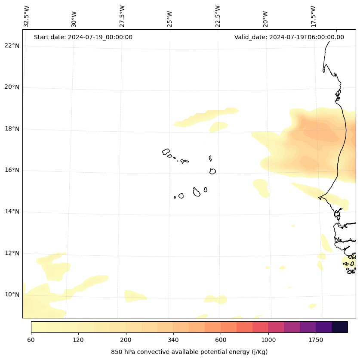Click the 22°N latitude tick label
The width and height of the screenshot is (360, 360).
pos(12,46)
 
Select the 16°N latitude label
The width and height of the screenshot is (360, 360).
pos(12,170)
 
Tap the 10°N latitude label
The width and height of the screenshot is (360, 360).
pos(12,295)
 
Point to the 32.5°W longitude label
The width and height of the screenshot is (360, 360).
pos(27,16)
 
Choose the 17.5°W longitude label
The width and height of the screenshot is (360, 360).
pos(314,16)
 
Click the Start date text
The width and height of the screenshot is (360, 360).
pos(83,37)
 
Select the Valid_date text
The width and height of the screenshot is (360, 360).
pos(289,37)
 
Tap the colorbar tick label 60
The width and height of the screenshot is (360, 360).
pos(31,340)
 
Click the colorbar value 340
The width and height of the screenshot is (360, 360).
pos(173,340)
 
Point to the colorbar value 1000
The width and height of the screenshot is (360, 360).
pos(268,340)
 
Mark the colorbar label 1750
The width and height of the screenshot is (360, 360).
pos(316,340)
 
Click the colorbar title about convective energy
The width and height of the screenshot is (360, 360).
pos(189,352)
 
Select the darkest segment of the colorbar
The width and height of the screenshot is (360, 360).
pos(340,327)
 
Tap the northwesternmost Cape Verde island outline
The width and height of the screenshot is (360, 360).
pos(166,152)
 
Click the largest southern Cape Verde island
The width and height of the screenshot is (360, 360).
pos(197,192)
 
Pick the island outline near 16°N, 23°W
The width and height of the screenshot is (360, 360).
pos(212,171)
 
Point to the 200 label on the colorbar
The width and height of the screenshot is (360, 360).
pos(126,340)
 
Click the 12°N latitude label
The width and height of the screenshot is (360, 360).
pos(12,253)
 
